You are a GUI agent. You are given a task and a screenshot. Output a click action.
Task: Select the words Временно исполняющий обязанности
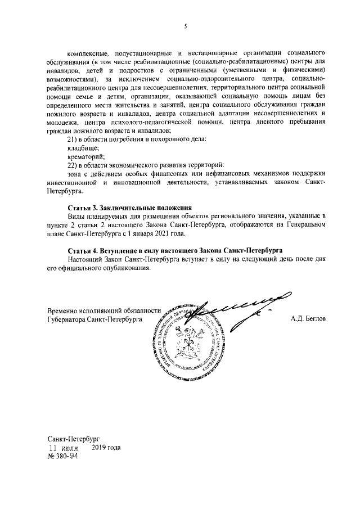tap(104, 310)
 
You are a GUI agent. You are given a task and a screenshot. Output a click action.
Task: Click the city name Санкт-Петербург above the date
tap(75, 439)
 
